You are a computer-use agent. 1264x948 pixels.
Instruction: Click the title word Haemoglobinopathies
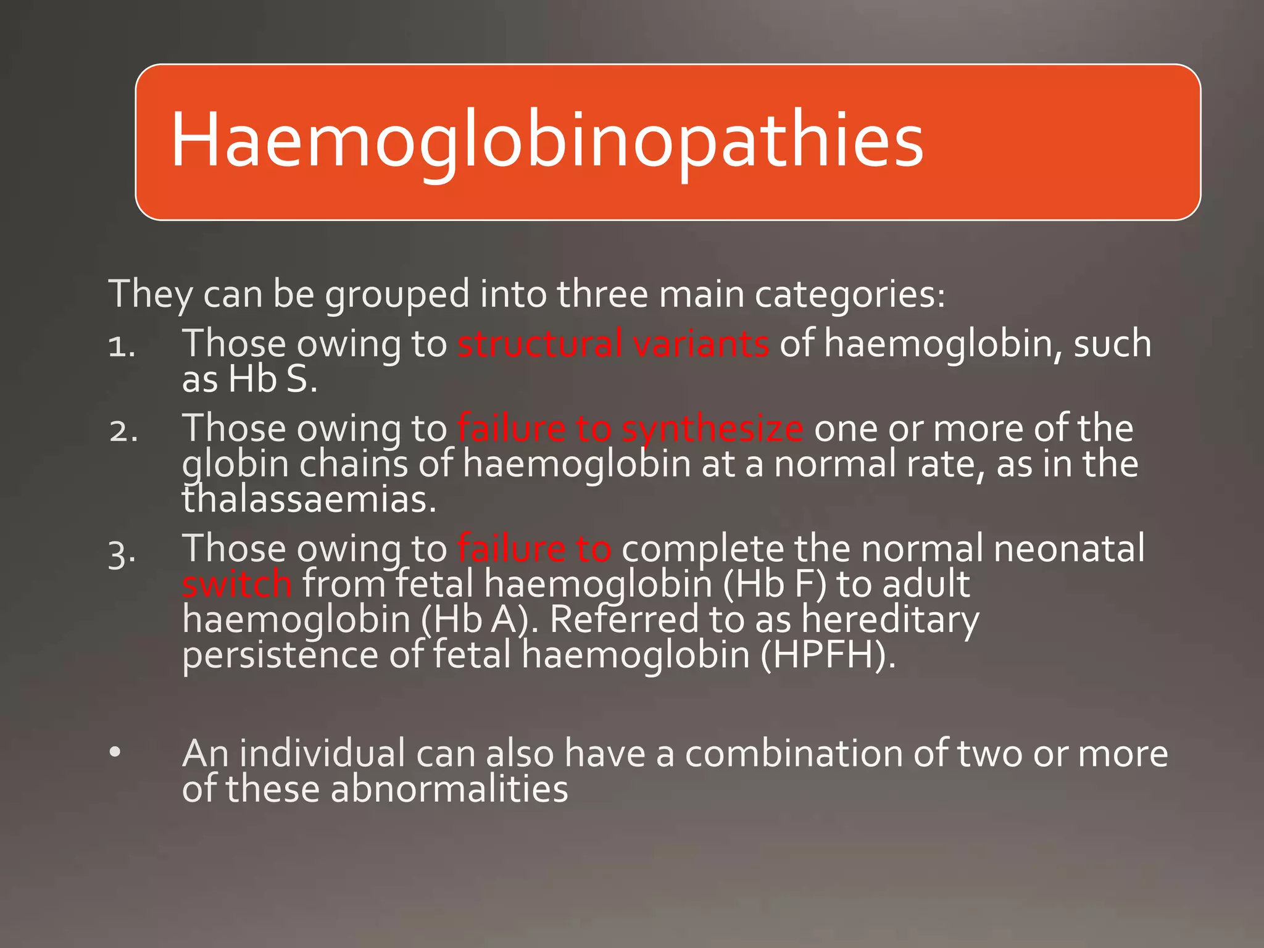coord(546,141)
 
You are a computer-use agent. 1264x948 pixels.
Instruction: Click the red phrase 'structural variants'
coord(613,344)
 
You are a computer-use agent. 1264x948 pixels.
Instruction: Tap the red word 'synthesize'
coord(712,429)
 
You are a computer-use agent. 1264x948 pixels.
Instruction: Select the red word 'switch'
coord(237,584)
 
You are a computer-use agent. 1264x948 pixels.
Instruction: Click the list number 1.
coord(121,346)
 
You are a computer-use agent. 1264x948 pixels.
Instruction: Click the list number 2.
coord(123,431)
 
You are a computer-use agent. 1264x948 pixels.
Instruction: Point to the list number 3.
coord(122,552)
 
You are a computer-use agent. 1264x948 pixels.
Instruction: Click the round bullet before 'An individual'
coord(115,753)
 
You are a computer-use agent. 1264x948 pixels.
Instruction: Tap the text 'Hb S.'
coord(273,379)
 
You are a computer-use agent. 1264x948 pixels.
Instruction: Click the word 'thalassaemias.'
coord(309,499)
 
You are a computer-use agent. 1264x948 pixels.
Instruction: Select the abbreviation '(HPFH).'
coord(828,655)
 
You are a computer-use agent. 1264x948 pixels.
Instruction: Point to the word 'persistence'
coord(280,655)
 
